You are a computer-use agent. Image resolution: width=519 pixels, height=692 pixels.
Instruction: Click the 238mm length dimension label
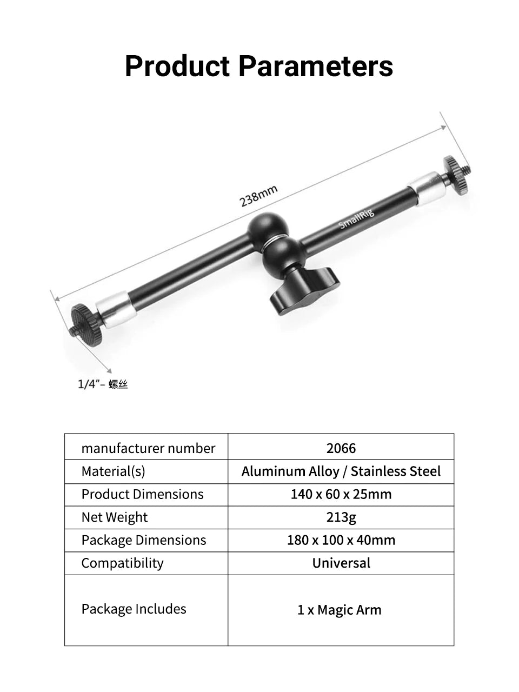258,196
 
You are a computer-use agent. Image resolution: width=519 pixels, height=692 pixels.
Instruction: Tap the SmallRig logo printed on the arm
356,218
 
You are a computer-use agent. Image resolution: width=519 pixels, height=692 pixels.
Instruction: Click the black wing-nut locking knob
304,291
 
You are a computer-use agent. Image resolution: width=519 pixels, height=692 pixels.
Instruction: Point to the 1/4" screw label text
103,384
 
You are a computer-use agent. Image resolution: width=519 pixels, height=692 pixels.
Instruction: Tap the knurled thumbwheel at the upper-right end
456,176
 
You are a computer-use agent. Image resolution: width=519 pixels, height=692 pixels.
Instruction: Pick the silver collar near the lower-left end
115,309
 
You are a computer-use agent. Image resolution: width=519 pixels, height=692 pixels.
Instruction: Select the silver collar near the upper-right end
427,188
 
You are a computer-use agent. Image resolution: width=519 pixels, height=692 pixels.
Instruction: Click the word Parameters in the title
316,66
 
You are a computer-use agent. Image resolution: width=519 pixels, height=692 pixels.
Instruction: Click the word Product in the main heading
177,66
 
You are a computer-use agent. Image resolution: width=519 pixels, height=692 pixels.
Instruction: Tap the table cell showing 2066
341,448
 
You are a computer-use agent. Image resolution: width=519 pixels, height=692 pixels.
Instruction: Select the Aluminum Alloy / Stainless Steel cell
341,471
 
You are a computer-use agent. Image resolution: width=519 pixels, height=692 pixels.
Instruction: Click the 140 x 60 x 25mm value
341,494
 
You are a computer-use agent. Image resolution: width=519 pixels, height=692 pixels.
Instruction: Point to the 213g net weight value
341,517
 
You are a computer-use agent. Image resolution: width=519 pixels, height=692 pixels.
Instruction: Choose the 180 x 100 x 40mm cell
341,540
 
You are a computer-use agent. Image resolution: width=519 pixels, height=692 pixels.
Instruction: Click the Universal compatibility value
341,563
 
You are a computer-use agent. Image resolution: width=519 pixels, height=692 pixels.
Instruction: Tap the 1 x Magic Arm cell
340,610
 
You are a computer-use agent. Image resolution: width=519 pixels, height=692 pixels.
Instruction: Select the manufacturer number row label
148,448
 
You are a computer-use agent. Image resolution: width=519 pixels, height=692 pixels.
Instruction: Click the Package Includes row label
134,609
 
